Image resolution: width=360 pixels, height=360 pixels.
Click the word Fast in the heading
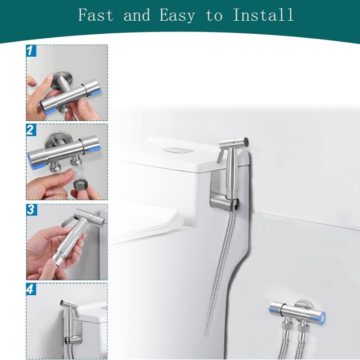coord(96,15)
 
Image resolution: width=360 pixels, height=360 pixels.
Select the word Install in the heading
coord(263,15)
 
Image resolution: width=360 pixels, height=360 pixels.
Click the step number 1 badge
coord(31,50)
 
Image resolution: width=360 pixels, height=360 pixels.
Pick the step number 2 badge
coord(31,130)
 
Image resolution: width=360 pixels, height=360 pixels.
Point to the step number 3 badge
coord(31,210)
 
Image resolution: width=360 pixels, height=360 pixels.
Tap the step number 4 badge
coord(31,289)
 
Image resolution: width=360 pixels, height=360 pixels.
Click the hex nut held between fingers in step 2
coord(79,184)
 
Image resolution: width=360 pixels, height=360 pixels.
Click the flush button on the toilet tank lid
coord(177,150)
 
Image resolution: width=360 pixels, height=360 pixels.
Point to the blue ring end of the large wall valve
coord(322,317)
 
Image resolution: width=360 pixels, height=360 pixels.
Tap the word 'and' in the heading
coord(137,15)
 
